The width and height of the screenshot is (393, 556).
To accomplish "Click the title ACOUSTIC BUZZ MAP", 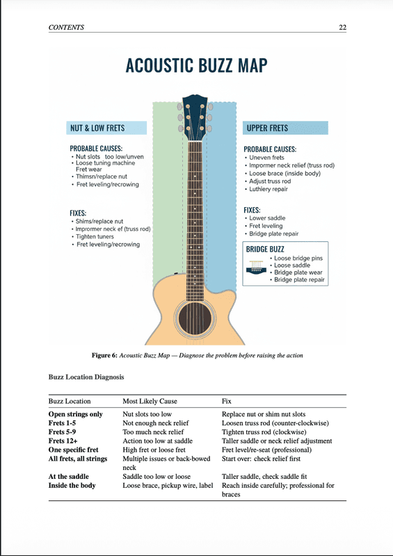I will tap(196, 67).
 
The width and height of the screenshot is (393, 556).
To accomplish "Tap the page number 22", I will tap(342, 28).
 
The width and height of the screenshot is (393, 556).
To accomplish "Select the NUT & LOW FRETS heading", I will tap(97, 128).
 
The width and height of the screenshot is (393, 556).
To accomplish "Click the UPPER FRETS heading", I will tap(268, 128).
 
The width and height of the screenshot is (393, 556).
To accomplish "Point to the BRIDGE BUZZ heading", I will tap(265, 248).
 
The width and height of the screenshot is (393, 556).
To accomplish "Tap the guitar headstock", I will tap(194, 118).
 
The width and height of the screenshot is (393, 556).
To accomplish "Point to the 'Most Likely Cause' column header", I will tap(150, 402).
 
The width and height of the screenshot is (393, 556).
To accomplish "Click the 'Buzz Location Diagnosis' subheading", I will tap(86, 377).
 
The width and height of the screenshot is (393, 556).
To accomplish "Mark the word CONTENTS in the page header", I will tap(67, 28).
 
